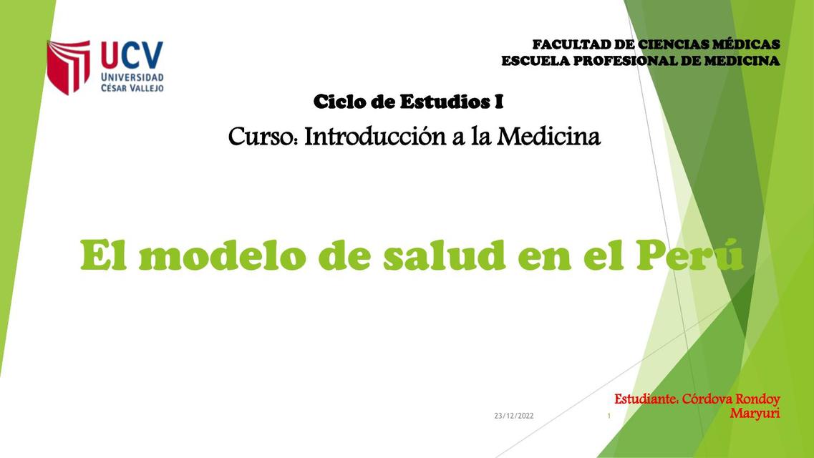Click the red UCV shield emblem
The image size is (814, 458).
pyautogui.click(x=68, y=67)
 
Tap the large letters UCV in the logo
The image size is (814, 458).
pyautogui.click(x=132, y=54)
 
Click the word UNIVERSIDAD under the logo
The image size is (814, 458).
pyautogui.click(x=132, y=77)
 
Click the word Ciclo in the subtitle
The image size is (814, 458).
pyautogui.click(x=340, y=102)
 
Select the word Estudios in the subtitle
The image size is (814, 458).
pyautogui.click(x=445, y=102)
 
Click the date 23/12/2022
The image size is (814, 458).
pyautogui.click(x=514, y=416)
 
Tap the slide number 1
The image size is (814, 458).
pyautogui.click(x=608, y=416)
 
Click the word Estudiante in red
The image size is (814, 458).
pyautogui.click(x=646, y=399)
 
